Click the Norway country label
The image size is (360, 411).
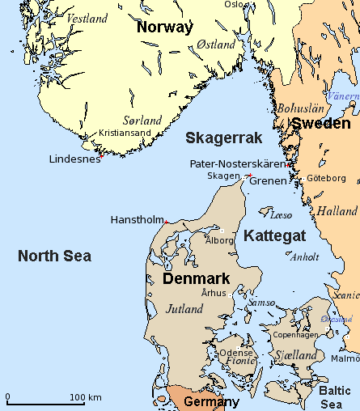(x=165, y=28)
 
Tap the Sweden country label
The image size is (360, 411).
(x=321, y=123)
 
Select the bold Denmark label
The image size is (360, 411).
(x=197, y=278)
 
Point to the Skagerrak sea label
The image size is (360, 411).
(x=214, y=138)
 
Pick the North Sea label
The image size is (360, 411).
(x=54, y=256)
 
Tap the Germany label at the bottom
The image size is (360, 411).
(x=212, y=402)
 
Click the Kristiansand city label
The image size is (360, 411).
(x=125, y=133)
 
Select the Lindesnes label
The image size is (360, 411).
(x=75, y=159)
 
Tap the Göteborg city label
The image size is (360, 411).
(x=327, y=178)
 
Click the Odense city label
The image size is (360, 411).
(x=236, y=352)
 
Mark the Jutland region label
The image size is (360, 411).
(x=184, y=309)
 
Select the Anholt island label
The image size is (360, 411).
(x=304, y=258)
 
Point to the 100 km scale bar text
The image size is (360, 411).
(x=85, y=396)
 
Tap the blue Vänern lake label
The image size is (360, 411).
(x=345, y=96)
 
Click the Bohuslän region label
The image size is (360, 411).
(x=300, y=108)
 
